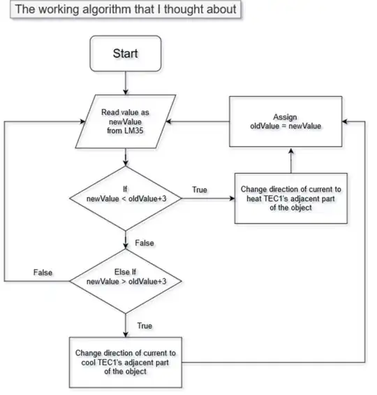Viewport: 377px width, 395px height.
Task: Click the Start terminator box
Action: [x=126, y=54]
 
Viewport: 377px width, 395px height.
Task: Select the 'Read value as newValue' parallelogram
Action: [x=126, y=120]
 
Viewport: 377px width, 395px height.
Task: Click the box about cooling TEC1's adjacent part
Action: [x=126, y=361]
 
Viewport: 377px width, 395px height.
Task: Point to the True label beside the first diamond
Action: [x=200, y=190]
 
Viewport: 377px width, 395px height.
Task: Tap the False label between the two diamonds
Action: [x=145, y=243]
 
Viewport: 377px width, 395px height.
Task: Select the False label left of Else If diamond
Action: [x=44, y=272]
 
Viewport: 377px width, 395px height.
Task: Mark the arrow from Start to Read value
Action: [x=126, y=84]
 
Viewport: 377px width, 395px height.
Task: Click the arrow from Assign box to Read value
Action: [x=202, y=120]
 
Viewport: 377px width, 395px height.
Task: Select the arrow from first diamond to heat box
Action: [x=209, y=199]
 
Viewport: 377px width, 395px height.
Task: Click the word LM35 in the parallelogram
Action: [x=126, y=130]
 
